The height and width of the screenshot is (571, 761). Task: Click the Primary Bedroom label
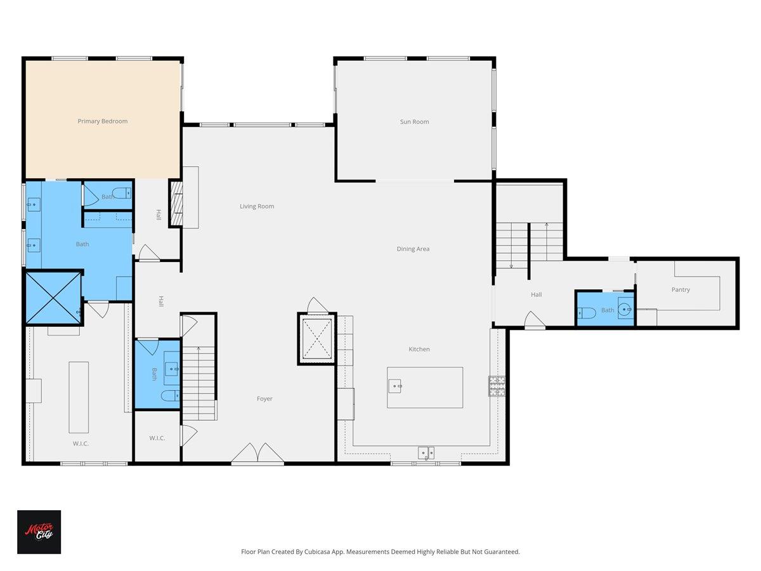point(103,121)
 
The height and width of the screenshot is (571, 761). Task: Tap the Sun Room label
point(414,122)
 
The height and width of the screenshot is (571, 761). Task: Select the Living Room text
point(257,206)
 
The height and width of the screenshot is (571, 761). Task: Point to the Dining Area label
point(413,249)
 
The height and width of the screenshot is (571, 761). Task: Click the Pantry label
point(680,289)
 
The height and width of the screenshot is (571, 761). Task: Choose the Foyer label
point(264,398)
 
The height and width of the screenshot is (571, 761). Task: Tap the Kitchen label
point(419,349)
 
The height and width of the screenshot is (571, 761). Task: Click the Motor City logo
point(39,532)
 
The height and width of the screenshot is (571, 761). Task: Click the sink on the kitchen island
point(395,384)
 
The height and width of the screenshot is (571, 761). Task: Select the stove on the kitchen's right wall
point(497,386)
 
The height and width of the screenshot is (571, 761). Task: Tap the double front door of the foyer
point(257,454)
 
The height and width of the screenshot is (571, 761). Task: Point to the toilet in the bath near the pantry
point(585,312)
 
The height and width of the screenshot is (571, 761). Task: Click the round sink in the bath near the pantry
point(625,310)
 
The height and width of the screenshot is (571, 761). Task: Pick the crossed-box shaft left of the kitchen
point(316,339)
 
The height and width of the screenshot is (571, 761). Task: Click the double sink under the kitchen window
point(426,452)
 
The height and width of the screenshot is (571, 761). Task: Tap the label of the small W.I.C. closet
point(157,438)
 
